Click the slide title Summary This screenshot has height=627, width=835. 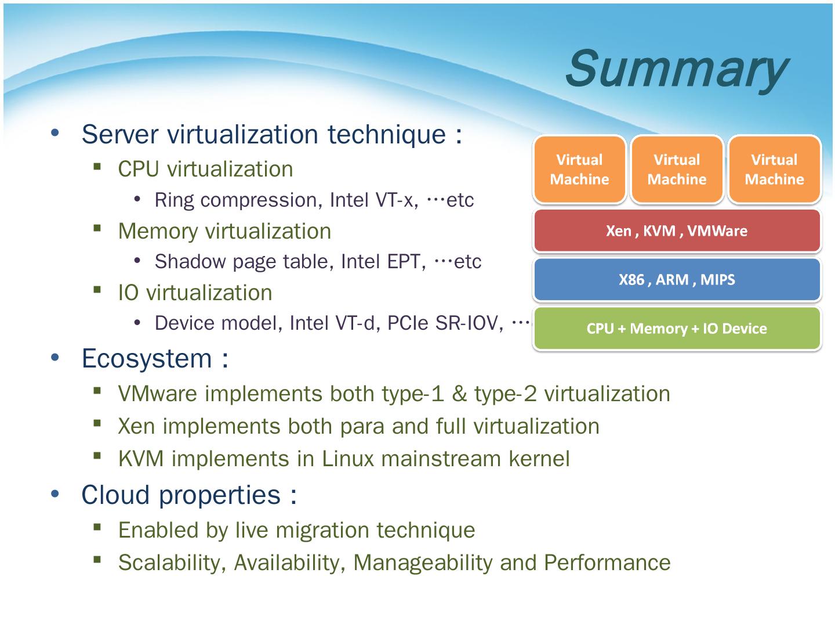pos(676,69)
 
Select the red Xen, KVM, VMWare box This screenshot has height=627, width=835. pos(677,231)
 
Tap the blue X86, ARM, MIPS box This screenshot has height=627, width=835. pos(677,280)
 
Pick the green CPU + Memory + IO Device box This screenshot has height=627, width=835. pos(677,329)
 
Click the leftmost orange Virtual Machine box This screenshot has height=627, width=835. pos(579,170)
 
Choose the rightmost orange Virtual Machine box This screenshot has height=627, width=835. pos(774,170)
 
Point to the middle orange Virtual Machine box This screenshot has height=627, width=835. pos(677,170)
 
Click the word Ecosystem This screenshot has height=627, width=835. pos(147,358)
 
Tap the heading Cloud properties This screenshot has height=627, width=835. pos(181,495)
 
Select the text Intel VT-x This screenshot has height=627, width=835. pos(373,200)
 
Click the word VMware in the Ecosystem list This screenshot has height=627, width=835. pos(158,394)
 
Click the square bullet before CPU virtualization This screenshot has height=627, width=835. pos(97,167)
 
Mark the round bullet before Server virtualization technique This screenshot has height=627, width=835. pos(55,133)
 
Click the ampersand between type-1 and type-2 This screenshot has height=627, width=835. pos(459,394)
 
